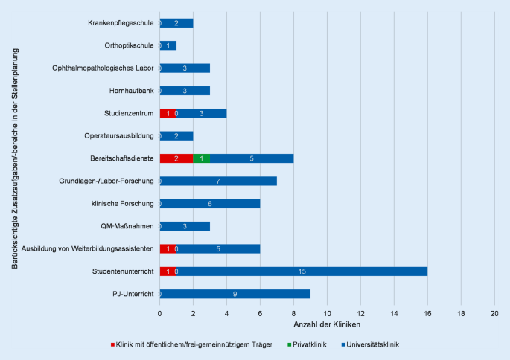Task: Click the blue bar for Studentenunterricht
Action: tap(302, 271)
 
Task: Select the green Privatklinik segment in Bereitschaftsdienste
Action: tap(201, 158)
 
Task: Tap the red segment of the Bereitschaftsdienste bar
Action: tap(176, 158)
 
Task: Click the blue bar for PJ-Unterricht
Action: tap(235, 294)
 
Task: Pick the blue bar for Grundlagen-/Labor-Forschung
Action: tap(217, 181)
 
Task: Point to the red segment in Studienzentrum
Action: tap(168, 113)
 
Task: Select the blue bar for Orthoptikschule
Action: tap(168, 45)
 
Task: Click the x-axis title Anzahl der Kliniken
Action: tap(327, 325)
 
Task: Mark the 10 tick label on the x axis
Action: tap(327, 313)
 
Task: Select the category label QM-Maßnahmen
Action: tap(127, 226)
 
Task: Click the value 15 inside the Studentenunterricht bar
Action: tap(302, 271)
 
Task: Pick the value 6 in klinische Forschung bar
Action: tap(209, 204)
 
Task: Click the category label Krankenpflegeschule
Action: tap(120, 23)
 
